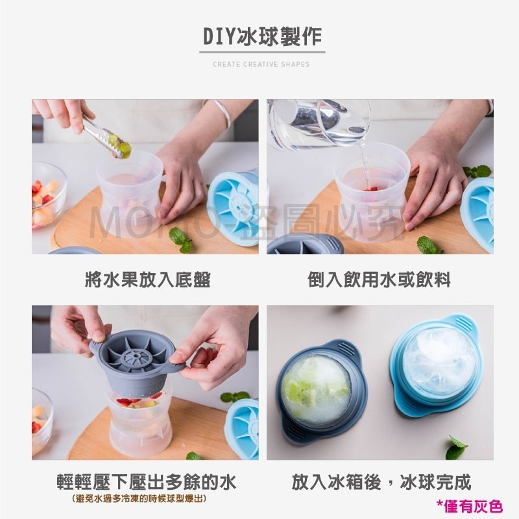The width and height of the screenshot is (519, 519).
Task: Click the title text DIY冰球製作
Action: point(261,37)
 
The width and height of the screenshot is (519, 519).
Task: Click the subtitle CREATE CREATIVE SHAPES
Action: point(261,64)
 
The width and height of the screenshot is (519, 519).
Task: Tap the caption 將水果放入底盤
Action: point(148,280)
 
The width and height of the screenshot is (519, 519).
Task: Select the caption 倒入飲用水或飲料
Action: point(379,280)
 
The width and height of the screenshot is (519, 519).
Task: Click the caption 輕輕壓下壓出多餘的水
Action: point(147,483)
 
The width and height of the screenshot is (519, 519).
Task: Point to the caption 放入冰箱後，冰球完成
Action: point(381,483)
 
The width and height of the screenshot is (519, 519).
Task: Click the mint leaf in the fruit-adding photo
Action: point(182,239)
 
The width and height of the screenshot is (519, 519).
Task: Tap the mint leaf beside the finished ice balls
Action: point(457,448)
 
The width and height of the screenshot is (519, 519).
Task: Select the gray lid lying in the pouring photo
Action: point(296,244)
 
